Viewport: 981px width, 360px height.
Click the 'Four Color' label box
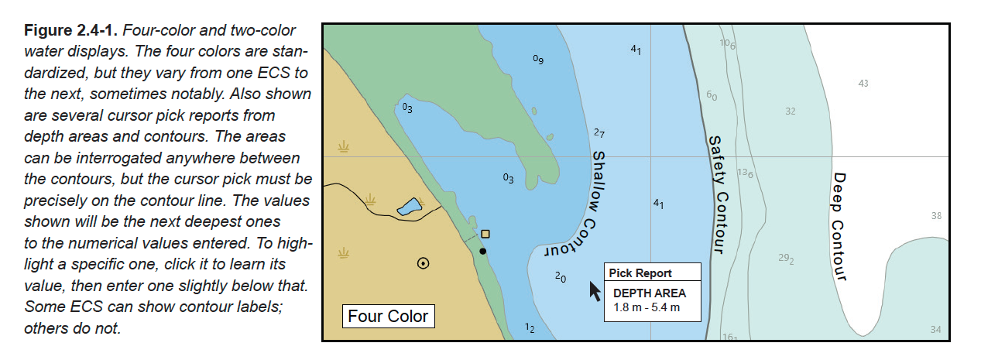tap(387, 317)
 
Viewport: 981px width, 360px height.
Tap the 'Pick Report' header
tap(640, 273)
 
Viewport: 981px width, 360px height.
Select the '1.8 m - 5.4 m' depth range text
tap(647, 307)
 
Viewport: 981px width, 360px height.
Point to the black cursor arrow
tap(595, 291)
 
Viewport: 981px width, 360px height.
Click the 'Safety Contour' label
tap(716, 194)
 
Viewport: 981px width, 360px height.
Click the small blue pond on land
tap(409, 207)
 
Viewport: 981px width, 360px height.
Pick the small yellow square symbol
tap(485, 234)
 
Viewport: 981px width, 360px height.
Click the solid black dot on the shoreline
tap(482, 251)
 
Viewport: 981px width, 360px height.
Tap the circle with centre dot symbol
tap(423, 262)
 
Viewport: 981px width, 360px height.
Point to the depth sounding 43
tap(863, 84)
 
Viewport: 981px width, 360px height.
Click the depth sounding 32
tap(790, 111)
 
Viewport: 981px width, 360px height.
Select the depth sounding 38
tap(936, 216)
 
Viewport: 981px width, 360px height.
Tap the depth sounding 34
tap(935, 330)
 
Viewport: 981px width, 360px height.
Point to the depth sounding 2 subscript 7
tap(599, 133)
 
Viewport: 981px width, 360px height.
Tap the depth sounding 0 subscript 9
tap(538, 60)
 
